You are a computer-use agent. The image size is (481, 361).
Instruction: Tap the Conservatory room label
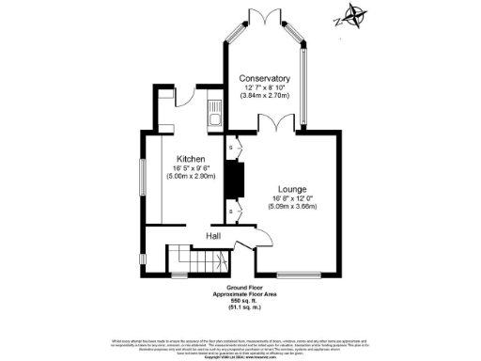coord(263,77)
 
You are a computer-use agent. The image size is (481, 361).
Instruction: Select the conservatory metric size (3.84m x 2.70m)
coord(263,96)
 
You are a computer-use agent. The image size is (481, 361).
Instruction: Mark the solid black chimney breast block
coord(238,178)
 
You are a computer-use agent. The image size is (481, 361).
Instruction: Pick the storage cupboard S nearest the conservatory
coord(231,148)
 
